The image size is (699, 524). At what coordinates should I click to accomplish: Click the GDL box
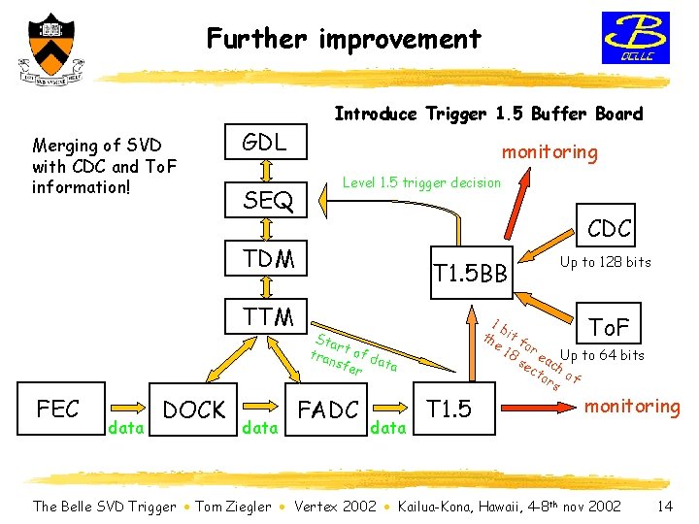point(265,144)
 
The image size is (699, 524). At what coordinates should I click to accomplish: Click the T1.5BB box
point(471,275)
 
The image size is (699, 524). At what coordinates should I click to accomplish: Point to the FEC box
point(57,409)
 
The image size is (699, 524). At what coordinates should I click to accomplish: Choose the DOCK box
point(194,410)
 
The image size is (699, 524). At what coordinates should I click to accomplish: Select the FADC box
point(328,410)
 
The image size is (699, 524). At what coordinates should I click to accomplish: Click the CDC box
point(610,229)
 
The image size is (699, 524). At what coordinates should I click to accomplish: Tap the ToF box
point(609,326)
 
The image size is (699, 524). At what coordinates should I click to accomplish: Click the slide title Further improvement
point(344,39)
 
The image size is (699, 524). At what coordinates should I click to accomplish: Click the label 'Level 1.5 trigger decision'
point(423,182)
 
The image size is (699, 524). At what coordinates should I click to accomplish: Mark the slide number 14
point(665,506)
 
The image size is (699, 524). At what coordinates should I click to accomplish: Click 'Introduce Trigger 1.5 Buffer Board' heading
point(488,114)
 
